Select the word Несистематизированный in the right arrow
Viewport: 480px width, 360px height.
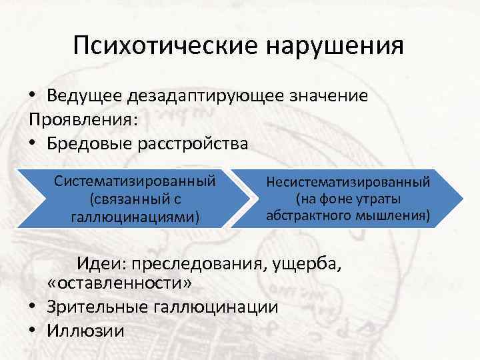(x=349, y=181)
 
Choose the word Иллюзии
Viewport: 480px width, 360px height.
(x=85, y=330)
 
